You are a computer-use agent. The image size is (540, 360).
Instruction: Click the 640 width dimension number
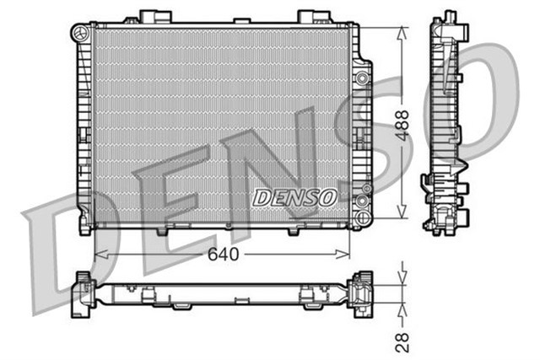click(224, 254)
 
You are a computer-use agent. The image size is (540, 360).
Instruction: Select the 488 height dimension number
click(403, 124)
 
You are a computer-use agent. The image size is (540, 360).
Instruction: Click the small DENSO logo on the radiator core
click(294, 196)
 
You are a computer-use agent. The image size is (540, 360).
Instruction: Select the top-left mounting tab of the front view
click(149, 16)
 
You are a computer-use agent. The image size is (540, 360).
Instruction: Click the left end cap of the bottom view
click(84, 294)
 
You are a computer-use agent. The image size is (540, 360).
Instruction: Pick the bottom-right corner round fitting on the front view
click(363, 202)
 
